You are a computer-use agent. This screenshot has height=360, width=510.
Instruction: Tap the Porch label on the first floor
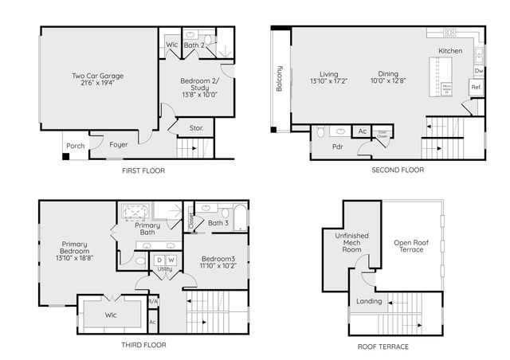(x=74, y=146)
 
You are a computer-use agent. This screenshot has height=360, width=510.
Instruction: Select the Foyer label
(x=118, y=145)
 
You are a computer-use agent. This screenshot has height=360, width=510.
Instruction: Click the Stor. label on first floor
(x=196, y=127)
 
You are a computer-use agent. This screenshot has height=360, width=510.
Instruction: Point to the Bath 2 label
(x=194, y=45)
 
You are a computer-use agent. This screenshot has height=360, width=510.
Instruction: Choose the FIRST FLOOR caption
(x=144, y=170)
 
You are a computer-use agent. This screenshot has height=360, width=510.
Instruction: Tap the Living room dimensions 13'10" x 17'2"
(x=329, y=80)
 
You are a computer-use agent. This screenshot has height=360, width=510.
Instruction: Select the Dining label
(x=388, y=73)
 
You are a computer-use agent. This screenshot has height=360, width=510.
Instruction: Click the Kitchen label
(x=450, y=51)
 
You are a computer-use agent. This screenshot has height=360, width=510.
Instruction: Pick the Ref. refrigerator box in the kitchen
(x=476, y=87)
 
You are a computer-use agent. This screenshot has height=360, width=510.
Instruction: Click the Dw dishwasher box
(x=478, y=71)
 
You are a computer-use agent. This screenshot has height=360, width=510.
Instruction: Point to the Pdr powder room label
(x=327, y=147)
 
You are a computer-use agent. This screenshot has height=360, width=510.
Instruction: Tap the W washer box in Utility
(x=171, y=260)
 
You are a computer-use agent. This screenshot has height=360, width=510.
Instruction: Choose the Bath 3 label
(x=218, y=223)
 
